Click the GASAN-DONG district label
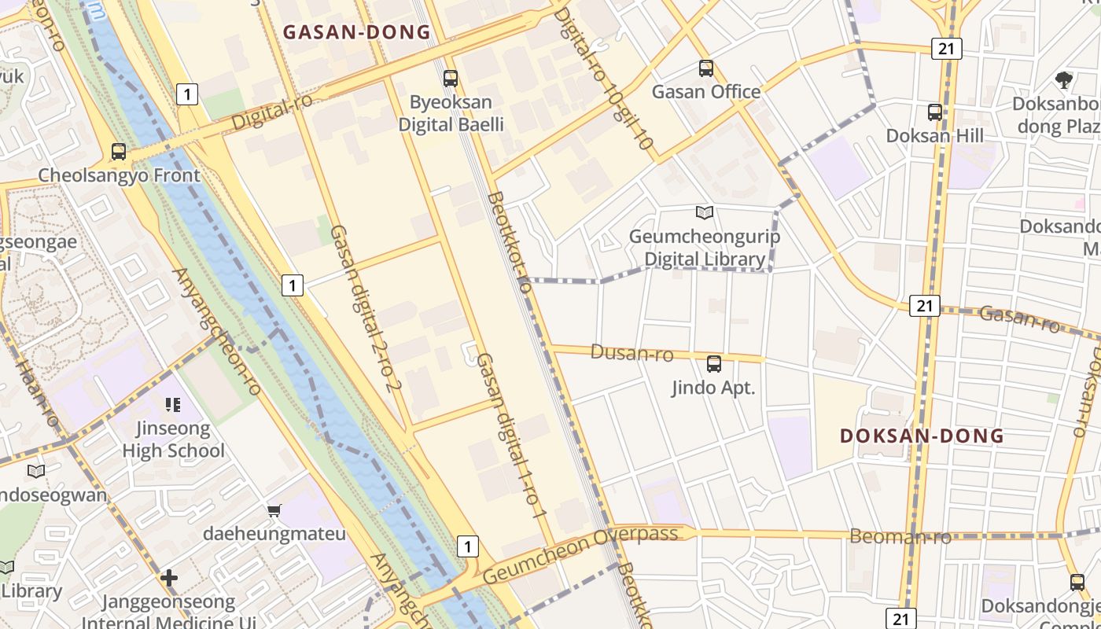point(356,32)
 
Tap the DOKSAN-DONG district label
point(922,436)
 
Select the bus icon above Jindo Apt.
point(714,364)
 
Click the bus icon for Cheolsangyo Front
point(119,152)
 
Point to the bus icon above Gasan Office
point(706,68)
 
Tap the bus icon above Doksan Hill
point(935,112)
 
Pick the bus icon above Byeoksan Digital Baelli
point(451,79)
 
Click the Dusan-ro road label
point(632,354)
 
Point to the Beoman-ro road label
point(900,537)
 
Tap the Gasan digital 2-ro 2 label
point(366,307)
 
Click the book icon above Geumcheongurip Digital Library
point(705,212)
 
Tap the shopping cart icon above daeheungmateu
point(274,511)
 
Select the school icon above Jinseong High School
point(173,406)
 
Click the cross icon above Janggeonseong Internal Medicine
point(169,579)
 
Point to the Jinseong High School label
point(173,440)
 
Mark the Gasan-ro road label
point(1020,318)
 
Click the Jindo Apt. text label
point(713,388)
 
